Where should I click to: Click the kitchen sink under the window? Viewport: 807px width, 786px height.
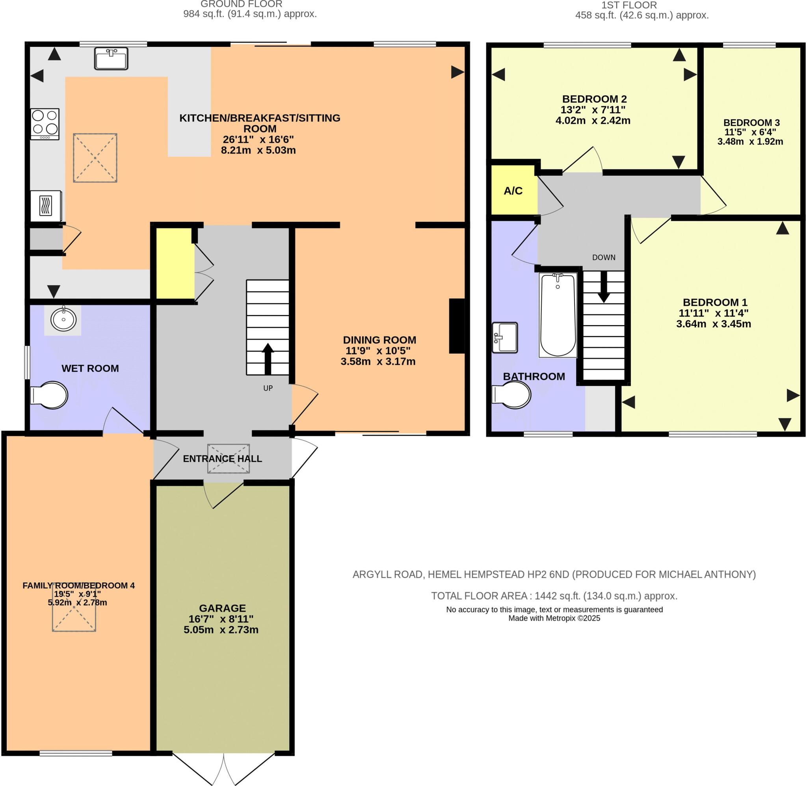(x=111, y=58)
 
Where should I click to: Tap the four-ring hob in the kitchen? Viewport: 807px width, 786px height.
(x=45, y=123)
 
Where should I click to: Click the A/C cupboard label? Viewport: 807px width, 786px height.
(x=513, y=191)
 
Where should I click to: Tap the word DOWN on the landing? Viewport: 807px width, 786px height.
(x=603, y=257)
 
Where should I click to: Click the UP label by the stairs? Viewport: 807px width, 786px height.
(x=268, y=388)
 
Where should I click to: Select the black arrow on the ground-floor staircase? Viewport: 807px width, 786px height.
(x=268, y=358)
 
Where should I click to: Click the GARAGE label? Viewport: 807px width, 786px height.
(x=222, y=608)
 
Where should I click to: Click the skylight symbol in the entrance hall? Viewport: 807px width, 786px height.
(x=228, y=458)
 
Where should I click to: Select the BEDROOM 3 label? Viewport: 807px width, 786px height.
(x=751, y=123)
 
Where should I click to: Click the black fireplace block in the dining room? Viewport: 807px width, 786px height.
(x=457, y=326)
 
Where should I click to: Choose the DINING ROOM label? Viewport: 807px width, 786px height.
(x=379, y=340)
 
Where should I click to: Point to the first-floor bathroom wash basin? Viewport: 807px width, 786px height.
(x=504, y=338)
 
